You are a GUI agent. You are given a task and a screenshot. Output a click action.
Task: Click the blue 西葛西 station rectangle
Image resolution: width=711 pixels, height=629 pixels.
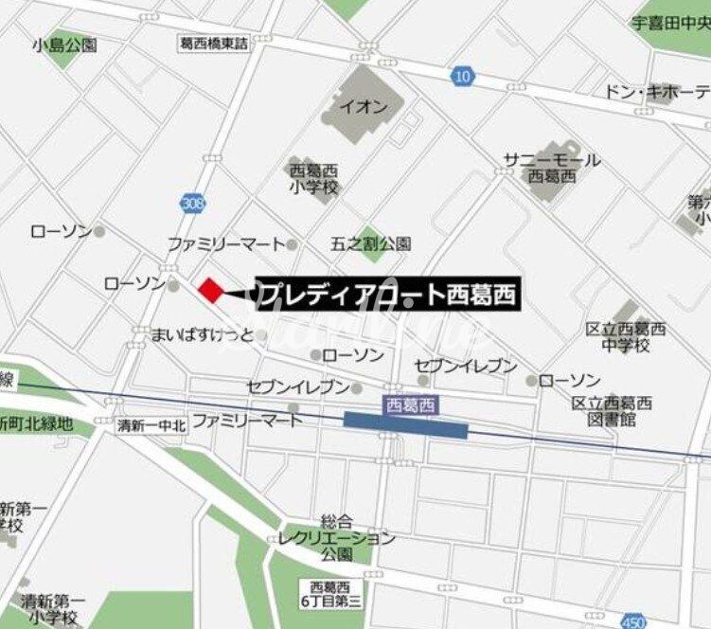405,425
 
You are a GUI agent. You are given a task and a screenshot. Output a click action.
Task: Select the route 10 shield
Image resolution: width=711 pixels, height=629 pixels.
462,76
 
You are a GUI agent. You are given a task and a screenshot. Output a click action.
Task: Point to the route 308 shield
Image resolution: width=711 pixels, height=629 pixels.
189,203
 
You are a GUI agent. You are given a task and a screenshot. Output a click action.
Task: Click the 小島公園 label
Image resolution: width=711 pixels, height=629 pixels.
64,45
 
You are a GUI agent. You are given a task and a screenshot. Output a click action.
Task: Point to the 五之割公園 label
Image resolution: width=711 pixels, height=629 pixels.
371,243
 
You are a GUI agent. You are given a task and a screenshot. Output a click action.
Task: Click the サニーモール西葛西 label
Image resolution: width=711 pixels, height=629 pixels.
552,168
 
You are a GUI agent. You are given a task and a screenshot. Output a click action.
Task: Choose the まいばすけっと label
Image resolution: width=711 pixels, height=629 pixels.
204,334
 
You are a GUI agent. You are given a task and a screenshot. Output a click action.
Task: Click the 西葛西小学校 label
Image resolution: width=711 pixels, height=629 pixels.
313,177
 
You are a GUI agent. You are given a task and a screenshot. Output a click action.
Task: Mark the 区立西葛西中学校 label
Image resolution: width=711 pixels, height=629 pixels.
626,337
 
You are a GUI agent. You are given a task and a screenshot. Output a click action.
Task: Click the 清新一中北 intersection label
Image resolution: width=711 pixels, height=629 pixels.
151,425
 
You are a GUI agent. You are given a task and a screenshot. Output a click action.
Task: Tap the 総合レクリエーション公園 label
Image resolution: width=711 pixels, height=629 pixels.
337,538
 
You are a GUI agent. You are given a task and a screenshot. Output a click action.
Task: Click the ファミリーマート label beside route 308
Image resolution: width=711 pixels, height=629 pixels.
226,243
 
